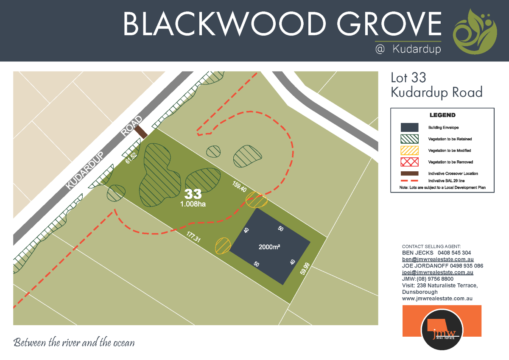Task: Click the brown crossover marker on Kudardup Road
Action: [x=141, y=132]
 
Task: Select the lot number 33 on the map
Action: [x=193, y=194]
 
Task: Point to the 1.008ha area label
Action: [x=193, y=204]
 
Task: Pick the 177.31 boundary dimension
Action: [x=193, y=237]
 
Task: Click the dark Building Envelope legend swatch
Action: [x=409, y=127]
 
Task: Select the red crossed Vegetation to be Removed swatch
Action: [x=409, y=162]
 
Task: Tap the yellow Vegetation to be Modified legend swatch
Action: [x=409, y=150]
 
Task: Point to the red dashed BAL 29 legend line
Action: [x=409, y=181]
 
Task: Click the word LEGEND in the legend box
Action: [x=442, y=115]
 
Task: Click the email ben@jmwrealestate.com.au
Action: [x=438, y=259]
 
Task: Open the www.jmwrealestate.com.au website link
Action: [x=437, y=299]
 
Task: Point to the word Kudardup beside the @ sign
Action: [x=417, y=49]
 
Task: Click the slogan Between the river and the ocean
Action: [x=74, y=342]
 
